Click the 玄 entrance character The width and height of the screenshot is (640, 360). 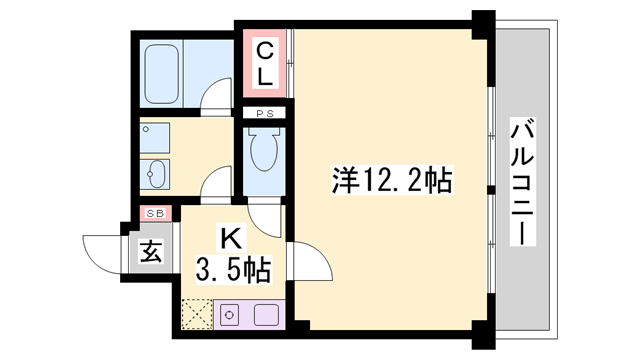[x=151, y=251]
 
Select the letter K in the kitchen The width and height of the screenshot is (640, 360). [x=230, y=239]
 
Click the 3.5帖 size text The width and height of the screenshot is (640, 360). [x=231, y=269]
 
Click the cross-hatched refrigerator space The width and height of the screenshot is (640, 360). [x=198, y=315]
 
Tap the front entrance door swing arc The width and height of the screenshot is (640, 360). [x=103, y=248]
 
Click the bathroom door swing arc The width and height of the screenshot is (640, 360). [x=216, y=94]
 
